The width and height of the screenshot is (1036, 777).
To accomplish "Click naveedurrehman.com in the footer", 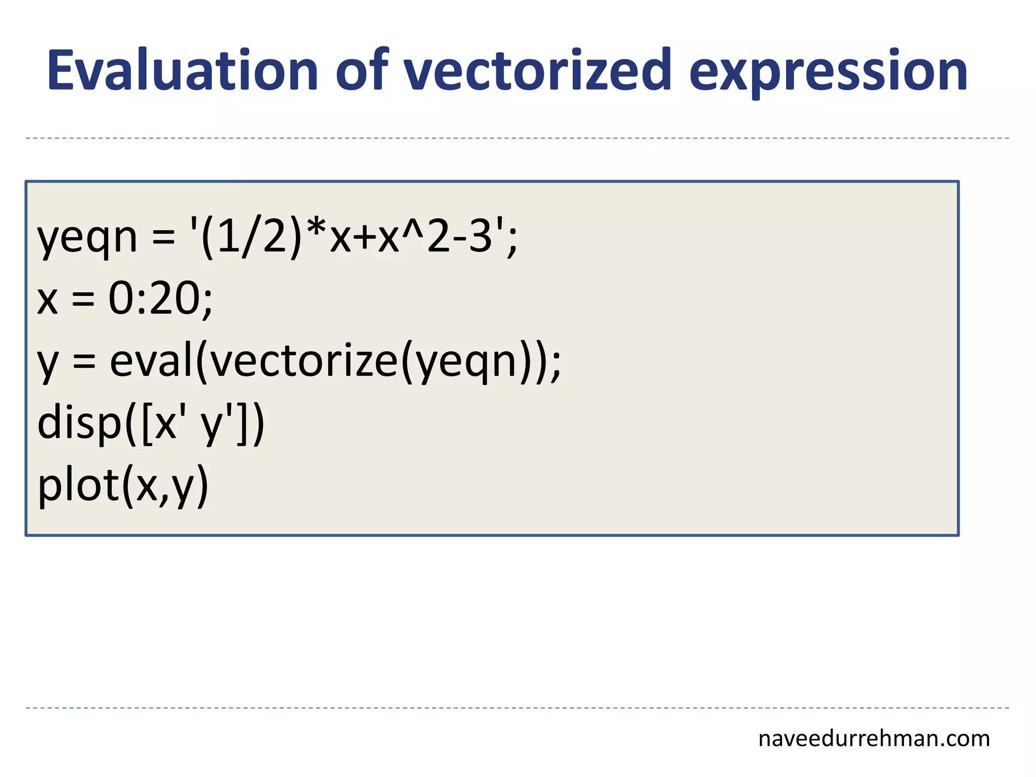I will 874,739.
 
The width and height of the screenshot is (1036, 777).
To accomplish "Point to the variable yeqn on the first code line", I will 87,238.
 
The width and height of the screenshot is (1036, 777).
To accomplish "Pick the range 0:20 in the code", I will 155,298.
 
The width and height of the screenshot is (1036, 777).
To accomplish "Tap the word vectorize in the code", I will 304,361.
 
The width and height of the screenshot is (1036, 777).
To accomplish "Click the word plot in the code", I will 78,486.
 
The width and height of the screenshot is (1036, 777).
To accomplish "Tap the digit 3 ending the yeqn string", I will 480,238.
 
